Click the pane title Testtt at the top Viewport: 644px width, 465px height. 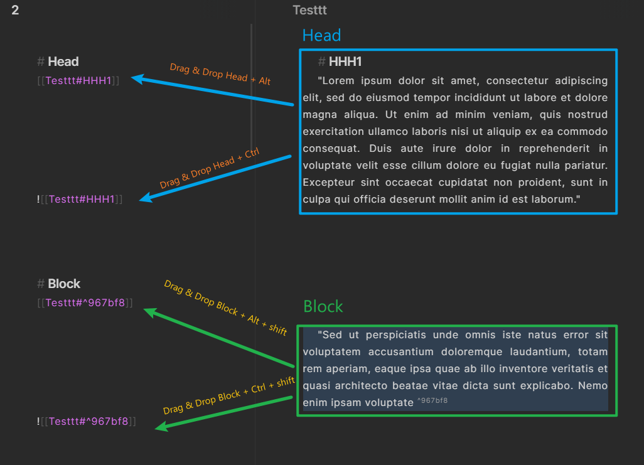[x=309, y=10]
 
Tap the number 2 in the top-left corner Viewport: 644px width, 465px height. [x=15, y=11]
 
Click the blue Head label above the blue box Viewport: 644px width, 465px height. [x=321, y=36]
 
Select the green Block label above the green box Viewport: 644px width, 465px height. [x=323, y=306]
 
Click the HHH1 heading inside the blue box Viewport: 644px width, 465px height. [x=345, y=61]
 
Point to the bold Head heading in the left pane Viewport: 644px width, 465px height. [x=63, y=61]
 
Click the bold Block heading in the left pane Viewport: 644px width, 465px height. [x=64, y=284]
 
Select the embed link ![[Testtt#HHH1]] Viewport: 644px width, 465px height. [x=80, y=199]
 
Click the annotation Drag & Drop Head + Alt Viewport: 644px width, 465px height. [x=220, y=73]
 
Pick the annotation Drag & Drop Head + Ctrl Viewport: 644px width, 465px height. [x=209, y=169]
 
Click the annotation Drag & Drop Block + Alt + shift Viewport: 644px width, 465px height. [x=225, y=307]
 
